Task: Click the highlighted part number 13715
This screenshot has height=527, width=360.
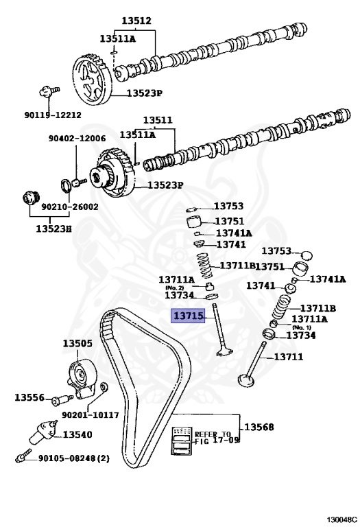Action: click(188, 316)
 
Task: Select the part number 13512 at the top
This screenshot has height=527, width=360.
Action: click(136, 21)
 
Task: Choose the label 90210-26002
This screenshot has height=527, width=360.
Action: click(69, 207)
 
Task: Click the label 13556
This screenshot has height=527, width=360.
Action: click(29, 397)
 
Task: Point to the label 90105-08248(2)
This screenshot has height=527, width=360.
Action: click(74, 458)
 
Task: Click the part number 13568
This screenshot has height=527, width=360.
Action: click(259, 427)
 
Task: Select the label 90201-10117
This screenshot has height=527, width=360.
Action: click(91, 415)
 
